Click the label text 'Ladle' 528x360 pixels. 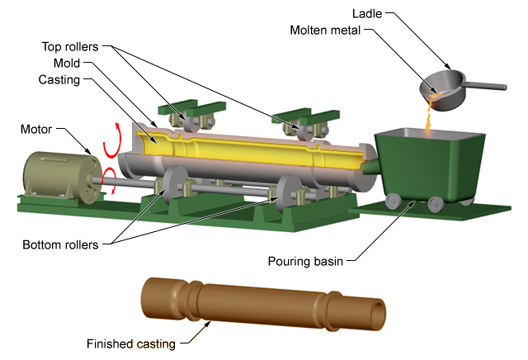click(x=368, y=13)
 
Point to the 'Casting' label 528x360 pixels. click(x=59, y=79)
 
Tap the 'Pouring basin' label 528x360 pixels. click(x=304, y=263)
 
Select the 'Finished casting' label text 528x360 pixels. click(x=131, y=343)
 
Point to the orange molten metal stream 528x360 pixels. click(x=427, y=121)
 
